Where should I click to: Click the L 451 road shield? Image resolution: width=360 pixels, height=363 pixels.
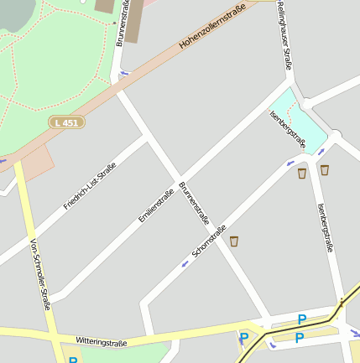coord(67,122)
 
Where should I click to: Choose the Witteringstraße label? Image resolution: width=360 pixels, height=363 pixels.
coord(101,343)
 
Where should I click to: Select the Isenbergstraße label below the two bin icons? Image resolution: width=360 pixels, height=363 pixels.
coord(326,227)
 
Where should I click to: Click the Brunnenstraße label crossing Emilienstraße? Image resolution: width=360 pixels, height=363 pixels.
coord(195,204)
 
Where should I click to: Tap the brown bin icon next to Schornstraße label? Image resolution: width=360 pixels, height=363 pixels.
coord(235,241)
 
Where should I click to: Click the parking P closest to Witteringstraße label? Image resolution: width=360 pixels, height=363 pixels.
coord(244,339)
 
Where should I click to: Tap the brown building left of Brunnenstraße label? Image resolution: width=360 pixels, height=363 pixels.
coord(105,6)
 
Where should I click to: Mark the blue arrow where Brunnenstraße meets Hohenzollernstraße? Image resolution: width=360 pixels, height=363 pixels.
coord(124,74)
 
